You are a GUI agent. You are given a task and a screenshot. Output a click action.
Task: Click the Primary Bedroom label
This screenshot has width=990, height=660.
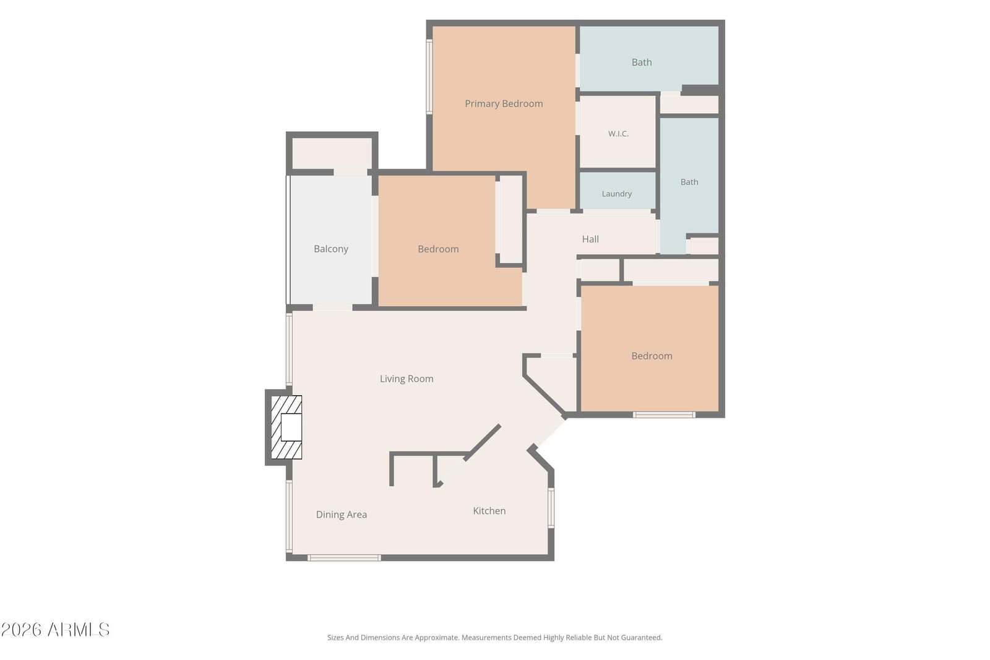[504, 104]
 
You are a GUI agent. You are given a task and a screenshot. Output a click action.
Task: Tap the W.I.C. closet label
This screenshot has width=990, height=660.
[618, 134]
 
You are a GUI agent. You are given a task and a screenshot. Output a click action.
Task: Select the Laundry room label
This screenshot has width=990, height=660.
[616, 194]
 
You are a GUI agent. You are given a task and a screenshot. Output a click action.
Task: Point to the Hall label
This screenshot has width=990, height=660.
[590, 239]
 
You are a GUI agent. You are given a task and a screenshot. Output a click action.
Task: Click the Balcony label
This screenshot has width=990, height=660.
[331, 249]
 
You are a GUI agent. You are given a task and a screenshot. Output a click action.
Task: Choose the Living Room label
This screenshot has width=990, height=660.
[407, 379]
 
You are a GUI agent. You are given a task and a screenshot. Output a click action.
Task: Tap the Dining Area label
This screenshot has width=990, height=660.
[341, 515]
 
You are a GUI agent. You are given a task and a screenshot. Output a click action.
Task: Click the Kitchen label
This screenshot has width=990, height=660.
[489, 511]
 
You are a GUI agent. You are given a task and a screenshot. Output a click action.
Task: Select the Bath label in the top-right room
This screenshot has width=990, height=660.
[642, 62]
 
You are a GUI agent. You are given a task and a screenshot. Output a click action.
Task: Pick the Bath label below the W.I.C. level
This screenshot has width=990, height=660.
[689, 182]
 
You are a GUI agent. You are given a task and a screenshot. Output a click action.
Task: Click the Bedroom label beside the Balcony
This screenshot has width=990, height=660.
[438, 249]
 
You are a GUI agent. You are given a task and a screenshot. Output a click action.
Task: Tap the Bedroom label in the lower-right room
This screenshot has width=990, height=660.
[652, 356]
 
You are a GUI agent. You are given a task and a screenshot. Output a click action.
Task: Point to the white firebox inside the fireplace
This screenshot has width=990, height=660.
[291, 427]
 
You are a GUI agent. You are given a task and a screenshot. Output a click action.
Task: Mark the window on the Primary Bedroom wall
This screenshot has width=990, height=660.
[429, 77]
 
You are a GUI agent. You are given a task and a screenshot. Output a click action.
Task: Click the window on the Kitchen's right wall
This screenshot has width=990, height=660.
[551, 508]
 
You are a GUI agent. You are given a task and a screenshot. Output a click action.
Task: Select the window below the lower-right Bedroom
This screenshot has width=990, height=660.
[664, 415]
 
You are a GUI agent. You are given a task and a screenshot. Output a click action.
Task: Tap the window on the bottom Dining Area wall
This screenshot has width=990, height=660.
[344, 558]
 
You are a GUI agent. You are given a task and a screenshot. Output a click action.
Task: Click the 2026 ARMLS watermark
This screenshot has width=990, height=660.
[55, 630]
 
